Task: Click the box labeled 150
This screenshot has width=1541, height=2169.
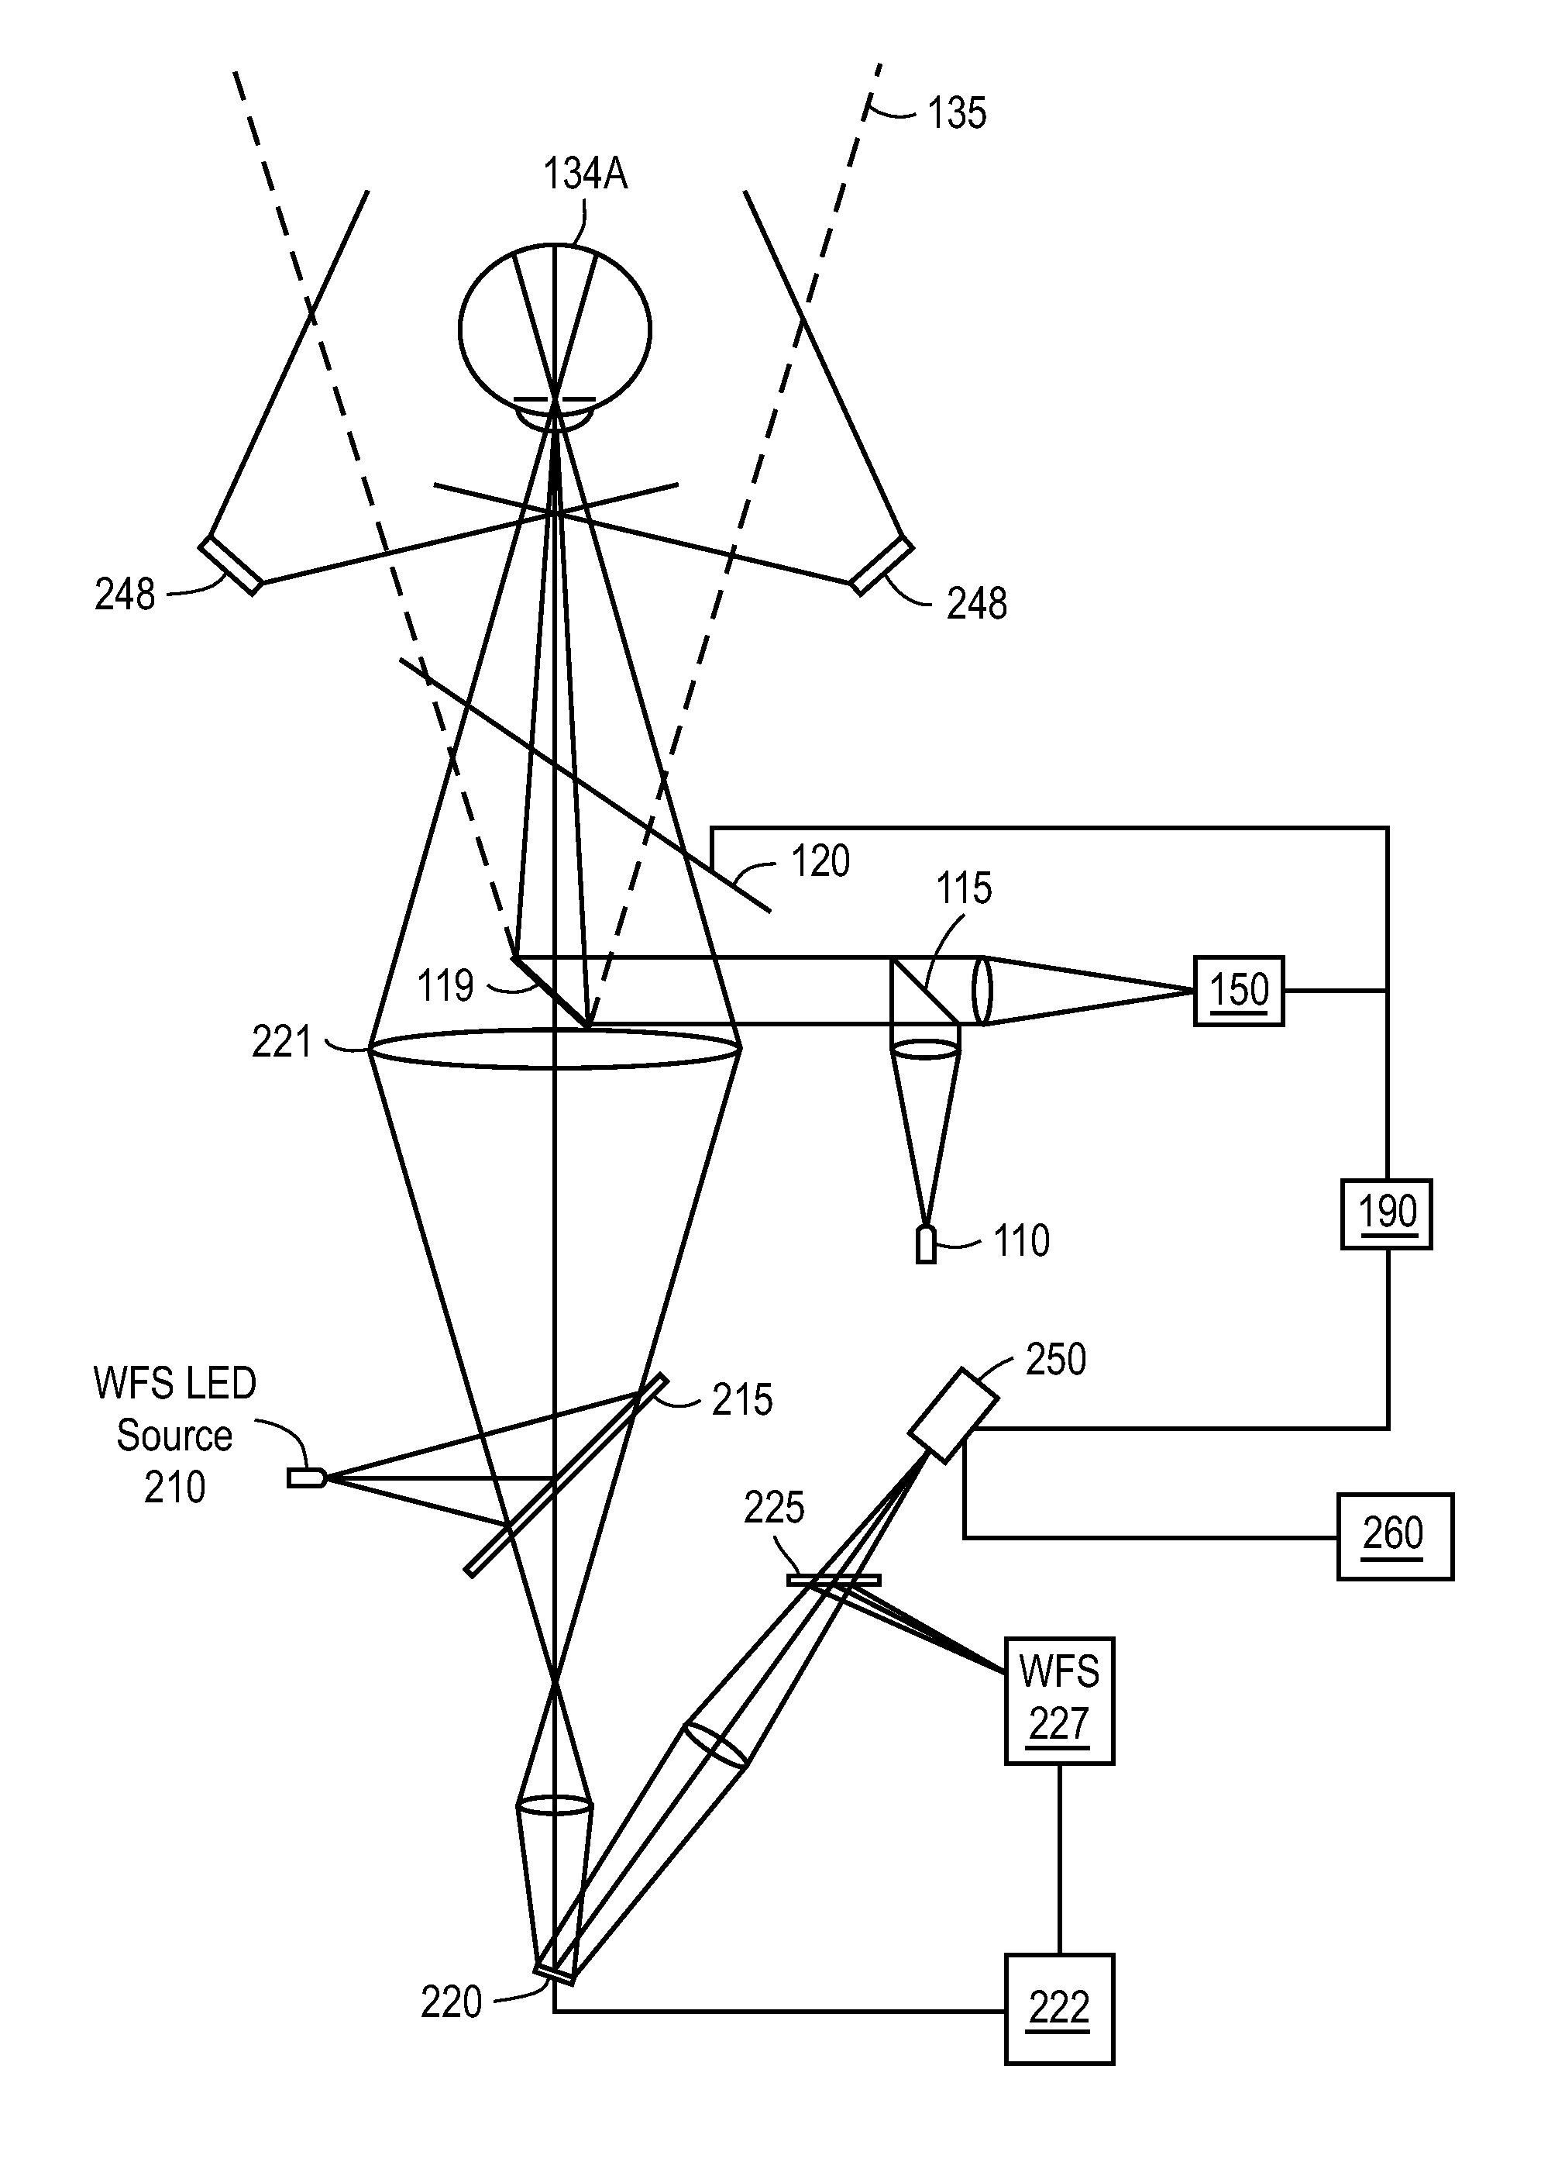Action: pos(1238,990)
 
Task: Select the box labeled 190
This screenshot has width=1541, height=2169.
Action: pos(1385,1213)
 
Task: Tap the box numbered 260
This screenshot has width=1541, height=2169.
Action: pos(1394,1536)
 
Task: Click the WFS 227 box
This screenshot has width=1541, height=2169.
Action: pos(1059,1700)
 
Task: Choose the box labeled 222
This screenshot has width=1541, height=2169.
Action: pos(1059,2009)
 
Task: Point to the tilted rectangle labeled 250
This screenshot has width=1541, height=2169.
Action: pos(953,1415)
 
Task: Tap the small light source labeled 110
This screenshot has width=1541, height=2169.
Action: pos(925,1244)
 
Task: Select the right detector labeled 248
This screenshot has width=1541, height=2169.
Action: pos(882,566)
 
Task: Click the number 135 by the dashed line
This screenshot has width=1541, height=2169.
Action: pos(957,113)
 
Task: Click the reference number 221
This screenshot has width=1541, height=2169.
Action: pos(281,1043)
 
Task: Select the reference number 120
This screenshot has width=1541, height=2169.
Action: pos(820,862)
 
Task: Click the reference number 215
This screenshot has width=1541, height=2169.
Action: pos(742,1399)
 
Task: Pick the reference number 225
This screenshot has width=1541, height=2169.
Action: pos(773,1508)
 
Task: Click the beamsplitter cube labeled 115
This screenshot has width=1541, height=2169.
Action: pos(925,990)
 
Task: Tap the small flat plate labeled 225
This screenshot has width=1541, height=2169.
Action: pos(833,1580)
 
